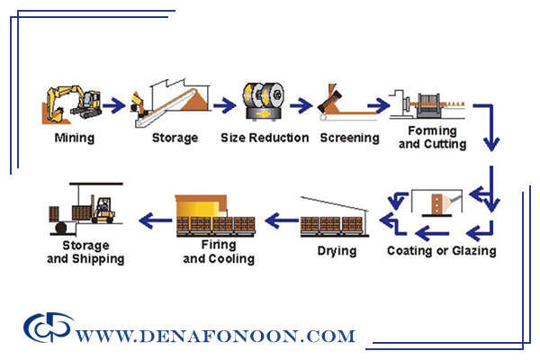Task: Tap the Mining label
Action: point(74,138)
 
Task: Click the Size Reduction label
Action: point(265,138)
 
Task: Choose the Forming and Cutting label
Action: point(432,137)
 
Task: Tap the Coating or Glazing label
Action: point(441,250)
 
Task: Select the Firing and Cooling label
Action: point(219,251)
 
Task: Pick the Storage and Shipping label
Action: point(85,251)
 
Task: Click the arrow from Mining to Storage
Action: point(113,105)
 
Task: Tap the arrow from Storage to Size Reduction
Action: point(221,105)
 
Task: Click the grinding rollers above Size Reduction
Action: point(264,103)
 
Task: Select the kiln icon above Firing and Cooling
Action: point(220,214)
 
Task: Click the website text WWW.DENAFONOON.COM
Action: point(215,337)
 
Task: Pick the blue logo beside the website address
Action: point(47,328)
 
